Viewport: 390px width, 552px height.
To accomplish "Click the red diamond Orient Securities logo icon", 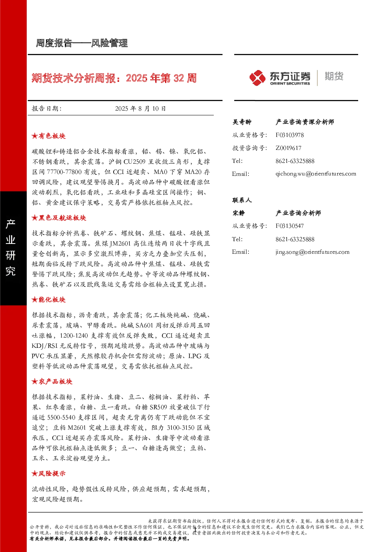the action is tap(257, 78).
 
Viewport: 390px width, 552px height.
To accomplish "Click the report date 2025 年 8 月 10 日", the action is tap(140, 109).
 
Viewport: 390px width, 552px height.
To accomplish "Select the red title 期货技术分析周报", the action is tap(74, 78).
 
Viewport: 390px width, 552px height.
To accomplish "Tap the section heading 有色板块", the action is tap(52, 136).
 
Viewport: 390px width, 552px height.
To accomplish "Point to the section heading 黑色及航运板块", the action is tap(62, 218).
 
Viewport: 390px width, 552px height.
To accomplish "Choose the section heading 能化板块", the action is tap(52, 300).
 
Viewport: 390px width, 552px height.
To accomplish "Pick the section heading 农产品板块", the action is tap(55, 382).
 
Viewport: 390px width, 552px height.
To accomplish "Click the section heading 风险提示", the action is tap(52, 473).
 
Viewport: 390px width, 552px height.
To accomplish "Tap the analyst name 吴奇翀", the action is tap(242, 122).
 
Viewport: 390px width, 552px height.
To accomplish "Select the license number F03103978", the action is tap(289, 135).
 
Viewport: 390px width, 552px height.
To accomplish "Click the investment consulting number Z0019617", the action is tap(288, 148).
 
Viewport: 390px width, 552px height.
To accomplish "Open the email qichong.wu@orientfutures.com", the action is tap(316, 174).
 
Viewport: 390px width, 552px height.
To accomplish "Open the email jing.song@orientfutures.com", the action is tap(313, 252).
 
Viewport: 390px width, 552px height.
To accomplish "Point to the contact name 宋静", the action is tap(239, 213).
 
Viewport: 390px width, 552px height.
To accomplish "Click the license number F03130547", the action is tap(289, 226).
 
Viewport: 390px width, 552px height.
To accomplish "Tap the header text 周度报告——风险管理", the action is tap(82, 43).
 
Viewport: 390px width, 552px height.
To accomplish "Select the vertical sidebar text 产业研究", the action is tap(11, 247).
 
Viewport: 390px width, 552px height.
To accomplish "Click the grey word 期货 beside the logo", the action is tap(334, 76).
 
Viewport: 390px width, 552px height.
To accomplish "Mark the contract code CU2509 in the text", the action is tap(134, 162).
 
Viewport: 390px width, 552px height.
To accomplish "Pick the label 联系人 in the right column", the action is tap(242, 200).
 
